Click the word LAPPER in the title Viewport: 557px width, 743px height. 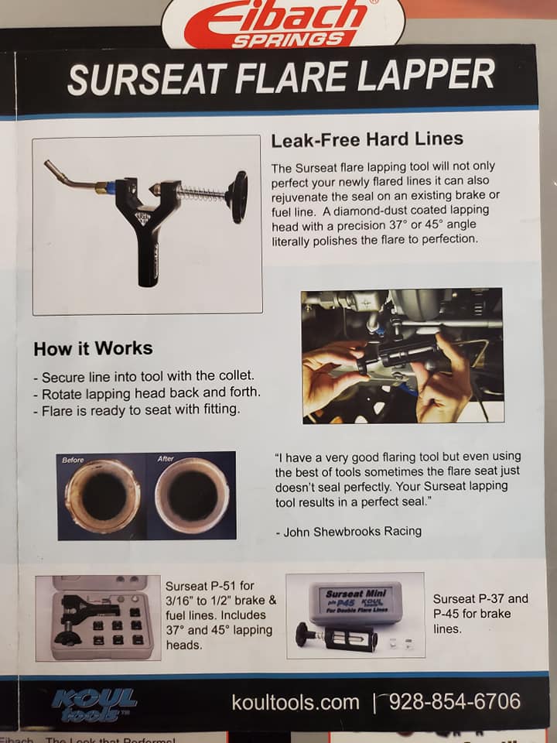point(425,75)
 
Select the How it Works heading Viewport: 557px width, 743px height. point(93,349)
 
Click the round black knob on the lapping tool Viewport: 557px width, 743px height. point(237,196)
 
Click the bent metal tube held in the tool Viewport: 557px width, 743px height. point(71,177)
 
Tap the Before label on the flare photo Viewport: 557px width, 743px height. point(73,460)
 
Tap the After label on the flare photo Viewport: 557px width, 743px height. point(166,459)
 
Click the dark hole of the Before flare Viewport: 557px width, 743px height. point(104,496)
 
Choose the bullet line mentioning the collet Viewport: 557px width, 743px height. point(144,377)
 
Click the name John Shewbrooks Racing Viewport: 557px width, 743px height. point(353,532)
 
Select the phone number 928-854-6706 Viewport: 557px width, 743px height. point(455,701)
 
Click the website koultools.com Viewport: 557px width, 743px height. point(296,702)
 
